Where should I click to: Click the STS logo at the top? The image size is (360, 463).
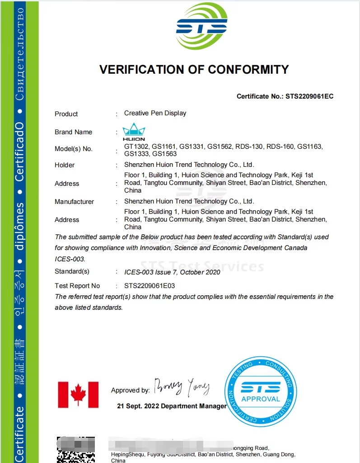point(201,27)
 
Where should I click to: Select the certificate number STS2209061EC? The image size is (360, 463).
point(309,96)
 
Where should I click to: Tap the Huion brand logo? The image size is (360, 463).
point(134,132)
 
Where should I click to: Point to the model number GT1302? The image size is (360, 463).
point(135,146)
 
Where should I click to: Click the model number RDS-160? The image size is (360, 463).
point(280,146)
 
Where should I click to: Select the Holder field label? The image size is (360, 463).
point(65,165)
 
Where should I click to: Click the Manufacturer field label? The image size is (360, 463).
point(74,202)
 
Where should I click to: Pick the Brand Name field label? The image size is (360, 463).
point(73,132)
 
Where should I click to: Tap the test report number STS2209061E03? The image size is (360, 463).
point(150,286)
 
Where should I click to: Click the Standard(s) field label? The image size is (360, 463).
point(72,272)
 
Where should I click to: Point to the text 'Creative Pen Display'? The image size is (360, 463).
point(155,113)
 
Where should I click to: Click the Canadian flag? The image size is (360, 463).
point(78,395)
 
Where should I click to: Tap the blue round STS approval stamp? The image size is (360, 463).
point(260,391)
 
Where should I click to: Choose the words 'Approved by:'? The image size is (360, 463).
point(130,390)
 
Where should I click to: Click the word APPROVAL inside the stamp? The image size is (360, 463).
point(261,399)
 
